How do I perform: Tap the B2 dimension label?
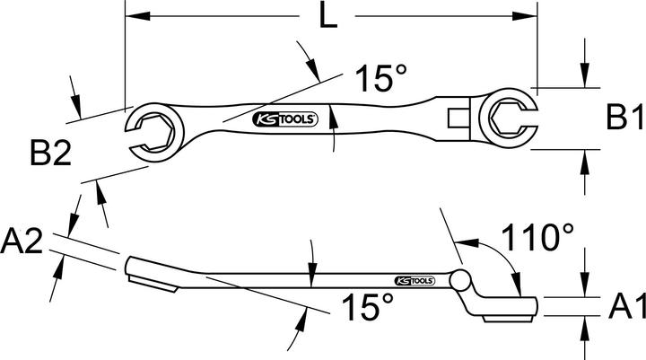pyautogui.click(x=50, y=155)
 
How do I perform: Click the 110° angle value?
pyautogui.click(x=537, y=239)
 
